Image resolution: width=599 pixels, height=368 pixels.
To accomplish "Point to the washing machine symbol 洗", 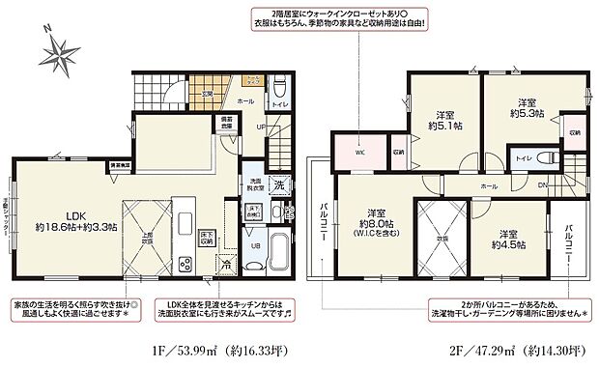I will (x=277, y=185).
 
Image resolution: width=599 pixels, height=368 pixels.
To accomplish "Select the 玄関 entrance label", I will (x=207, y=93).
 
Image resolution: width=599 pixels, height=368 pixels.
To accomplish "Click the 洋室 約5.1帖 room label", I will (x=443, y=118).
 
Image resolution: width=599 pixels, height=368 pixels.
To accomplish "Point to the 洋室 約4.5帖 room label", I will (x=512, y=239).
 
